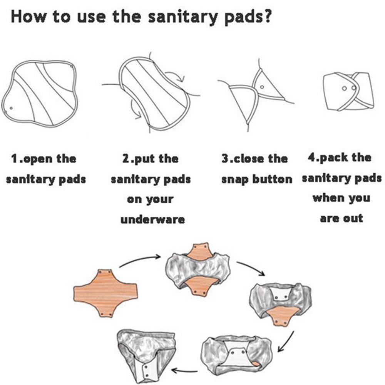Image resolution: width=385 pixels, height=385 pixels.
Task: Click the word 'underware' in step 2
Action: (152, 219)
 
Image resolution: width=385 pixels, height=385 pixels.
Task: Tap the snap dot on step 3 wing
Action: (262, 87)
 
